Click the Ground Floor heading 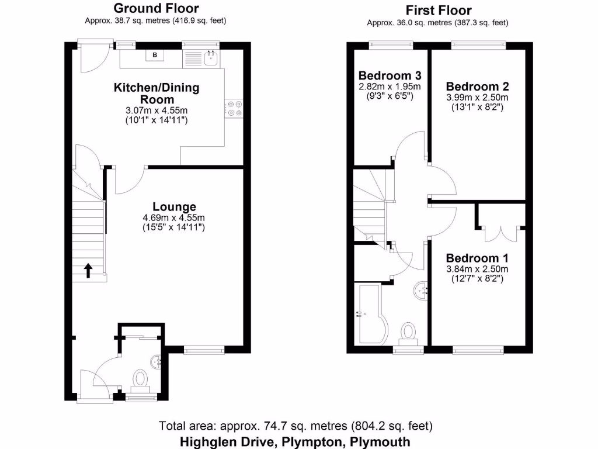coord(155,8)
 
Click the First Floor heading coord(438,10)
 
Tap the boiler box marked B coord(155,56)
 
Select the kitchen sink coord(209,57)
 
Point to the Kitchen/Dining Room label coord(156,94)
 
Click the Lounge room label coord(174,206)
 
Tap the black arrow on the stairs coord(88,270)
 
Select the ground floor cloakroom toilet coord(140,379)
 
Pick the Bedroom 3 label coord(390,75)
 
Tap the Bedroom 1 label coord(477,258)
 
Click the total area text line coord(296,426)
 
